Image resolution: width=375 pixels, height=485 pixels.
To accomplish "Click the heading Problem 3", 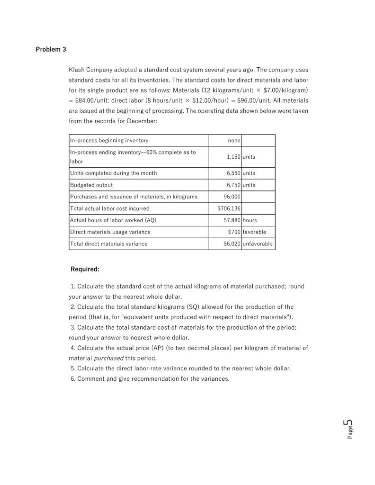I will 51,49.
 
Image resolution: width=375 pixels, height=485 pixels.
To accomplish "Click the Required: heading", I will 85,269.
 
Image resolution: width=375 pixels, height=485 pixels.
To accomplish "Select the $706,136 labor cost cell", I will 230,208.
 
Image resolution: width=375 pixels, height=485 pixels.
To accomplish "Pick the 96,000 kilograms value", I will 232,197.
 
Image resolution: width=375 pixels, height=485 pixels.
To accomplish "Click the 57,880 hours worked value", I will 232,220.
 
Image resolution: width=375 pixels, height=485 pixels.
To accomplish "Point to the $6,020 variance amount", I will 232,244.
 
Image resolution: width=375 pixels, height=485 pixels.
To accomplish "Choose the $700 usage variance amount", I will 234,232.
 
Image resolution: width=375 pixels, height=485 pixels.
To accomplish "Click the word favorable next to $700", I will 254,232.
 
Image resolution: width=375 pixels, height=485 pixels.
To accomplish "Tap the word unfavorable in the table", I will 258,244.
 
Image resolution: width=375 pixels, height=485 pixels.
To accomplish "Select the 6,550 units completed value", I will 232,173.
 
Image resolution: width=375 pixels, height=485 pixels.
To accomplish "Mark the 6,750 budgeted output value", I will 232,185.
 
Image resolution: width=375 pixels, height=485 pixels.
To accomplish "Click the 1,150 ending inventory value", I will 232,156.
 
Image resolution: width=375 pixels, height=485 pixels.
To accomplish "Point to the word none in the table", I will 234,141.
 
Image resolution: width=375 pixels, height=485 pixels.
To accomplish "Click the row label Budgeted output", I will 91,185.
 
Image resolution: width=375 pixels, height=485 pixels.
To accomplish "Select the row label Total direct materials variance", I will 108,244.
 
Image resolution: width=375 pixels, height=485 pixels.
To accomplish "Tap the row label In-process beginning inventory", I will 109,141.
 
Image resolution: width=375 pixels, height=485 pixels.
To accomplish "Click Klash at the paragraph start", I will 77,70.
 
